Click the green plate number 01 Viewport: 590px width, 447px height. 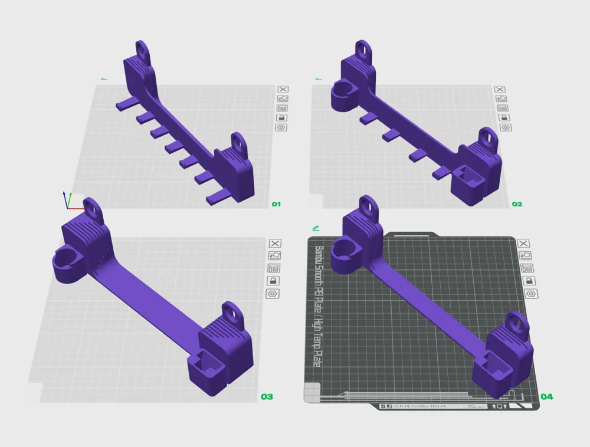(276, 204)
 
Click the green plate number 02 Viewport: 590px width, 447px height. (517, 204)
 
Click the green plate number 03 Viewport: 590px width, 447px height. (267, 397)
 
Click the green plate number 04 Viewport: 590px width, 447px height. (547, 397)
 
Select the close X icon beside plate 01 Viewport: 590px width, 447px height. (281, 89)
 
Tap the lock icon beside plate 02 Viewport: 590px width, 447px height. (505, 117)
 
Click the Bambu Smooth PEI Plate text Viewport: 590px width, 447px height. (317, 307)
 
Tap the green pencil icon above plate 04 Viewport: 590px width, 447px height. (317, 228)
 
